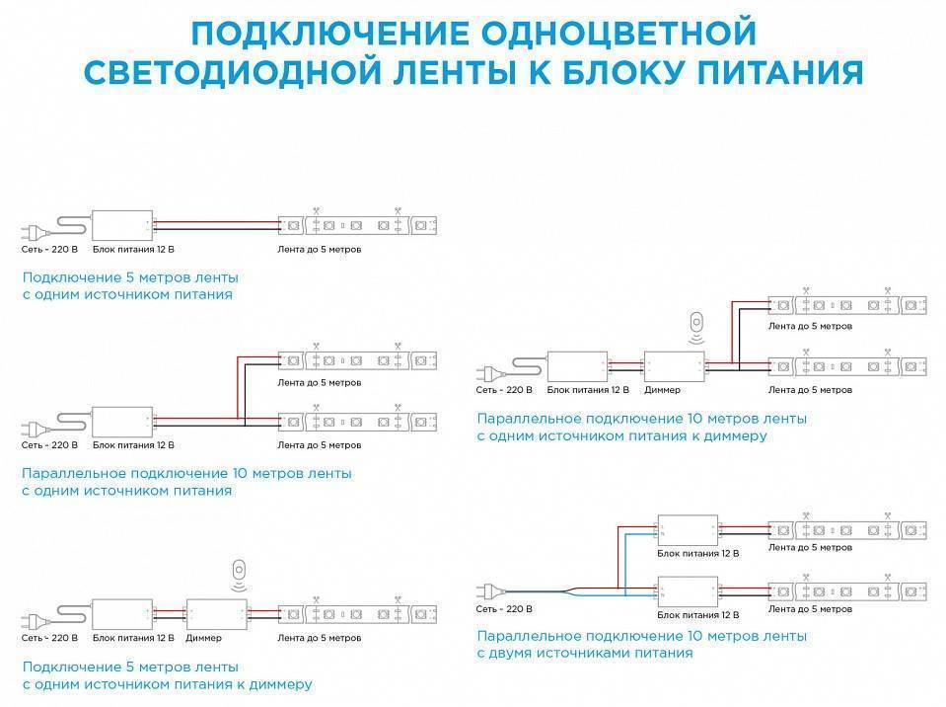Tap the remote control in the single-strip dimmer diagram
tap(238, 571)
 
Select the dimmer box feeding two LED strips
tap(675, 366)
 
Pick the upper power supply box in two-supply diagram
tap(689, 529)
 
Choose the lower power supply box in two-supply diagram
tap(689, 592)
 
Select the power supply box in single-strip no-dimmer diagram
tap(122, 225)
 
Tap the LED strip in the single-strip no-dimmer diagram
tap(357, 225)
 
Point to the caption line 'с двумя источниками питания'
tap(585, 653)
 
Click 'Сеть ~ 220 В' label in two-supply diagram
tap(505, 610)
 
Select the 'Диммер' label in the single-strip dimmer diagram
tap(203, 638)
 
